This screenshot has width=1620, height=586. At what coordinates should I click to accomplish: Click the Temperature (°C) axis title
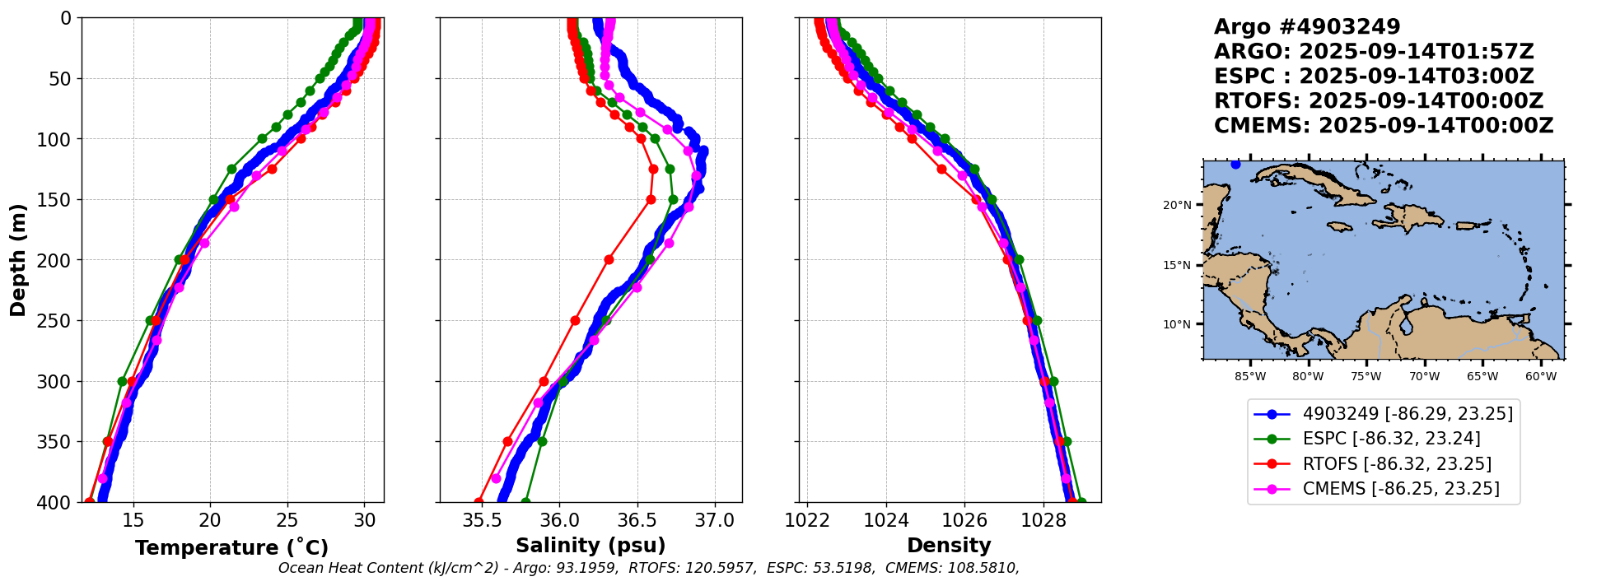(231, 547)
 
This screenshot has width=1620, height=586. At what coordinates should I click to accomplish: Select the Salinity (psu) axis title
(591, 546)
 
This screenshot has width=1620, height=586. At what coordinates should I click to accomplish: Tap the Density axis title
(949, 546)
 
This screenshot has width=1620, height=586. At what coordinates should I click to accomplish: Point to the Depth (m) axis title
(18, 260)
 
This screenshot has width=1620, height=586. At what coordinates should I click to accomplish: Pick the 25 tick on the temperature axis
(287, 520)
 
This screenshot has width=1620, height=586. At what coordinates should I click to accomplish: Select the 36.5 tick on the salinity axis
(637, 520)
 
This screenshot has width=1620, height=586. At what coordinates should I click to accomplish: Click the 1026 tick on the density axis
(964, 520)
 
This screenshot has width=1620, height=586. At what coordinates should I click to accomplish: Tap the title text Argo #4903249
(1307, 27)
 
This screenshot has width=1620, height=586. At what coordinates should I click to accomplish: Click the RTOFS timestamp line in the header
(1379, 101)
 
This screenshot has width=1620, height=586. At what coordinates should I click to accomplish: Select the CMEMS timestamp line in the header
(1384, 126)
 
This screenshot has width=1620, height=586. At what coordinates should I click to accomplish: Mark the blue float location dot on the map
(1235, 165)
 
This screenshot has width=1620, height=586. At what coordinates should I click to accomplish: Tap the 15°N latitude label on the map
(1177, 265)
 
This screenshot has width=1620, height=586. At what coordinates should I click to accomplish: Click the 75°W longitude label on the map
(1366, 377)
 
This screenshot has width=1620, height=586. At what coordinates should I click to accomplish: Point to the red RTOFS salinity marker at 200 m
(609, 259)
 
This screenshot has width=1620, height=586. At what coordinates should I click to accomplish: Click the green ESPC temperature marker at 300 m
(123, 381)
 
